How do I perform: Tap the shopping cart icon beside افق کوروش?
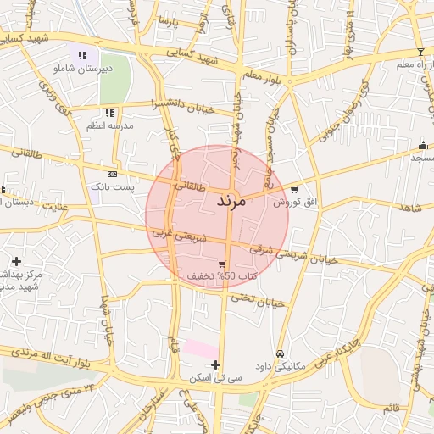(294, 190)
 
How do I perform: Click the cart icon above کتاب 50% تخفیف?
(222, 264)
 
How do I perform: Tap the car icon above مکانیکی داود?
(280, 353)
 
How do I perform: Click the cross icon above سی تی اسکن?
(216, 364)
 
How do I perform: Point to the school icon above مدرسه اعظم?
(109, 113)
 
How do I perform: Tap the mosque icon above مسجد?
(423, 145)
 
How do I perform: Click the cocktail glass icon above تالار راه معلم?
(420, 53)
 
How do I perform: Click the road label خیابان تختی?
(255, 299)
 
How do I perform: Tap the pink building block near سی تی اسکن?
(202, 348)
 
